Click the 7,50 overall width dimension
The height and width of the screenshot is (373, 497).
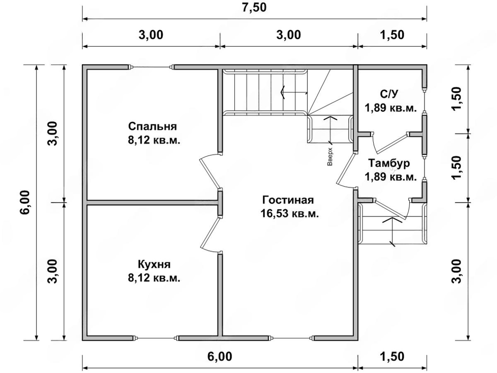[254, 8]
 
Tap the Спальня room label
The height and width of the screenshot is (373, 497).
[152, 126]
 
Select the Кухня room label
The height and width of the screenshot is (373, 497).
[154, 264]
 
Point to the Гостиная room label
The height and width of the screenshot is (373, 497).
[288, 200]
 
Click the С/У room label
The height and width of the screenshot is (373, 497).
[389, 94]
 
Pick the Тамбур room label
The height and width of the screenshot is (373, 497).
[389, 163]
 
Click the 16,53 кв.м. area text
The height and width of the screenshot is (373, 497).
[290, 213]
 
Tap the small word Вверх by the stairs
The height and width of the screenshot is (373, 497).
[330, 157]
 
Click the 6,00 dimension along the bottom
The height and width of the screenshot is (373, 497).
[220, 356]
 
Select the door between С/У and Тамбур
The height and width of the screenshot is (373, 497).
[390, 143]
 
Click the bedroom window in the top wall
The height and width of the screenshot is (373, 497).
[151, 67]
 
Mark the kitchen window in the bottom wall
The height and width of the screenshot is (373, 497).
[157, 345]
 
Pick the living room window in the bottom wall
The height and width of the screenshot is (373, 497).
[292, 345]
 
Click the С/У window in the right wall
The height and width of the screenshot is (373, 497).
[425, 100]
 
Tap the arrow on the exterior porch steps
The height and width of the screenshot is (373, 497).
[392, 231]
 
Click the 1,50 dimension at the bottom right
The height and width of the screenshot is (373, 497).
[392, 356]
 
